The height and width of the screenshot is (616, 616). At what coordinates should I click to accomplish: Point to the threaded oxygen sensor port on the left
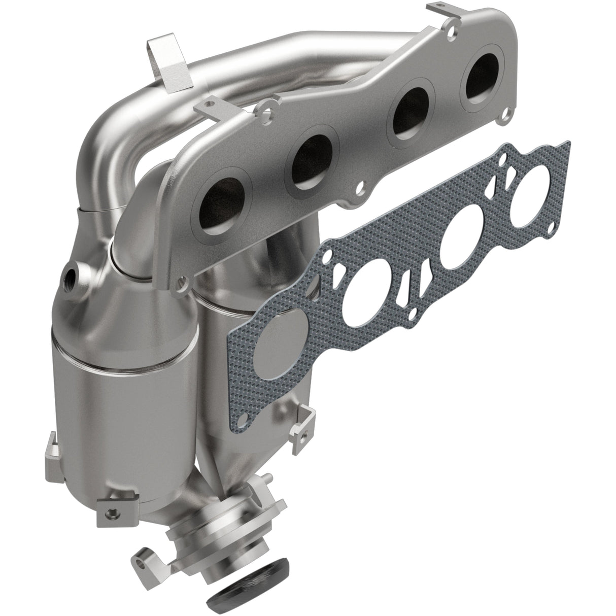tap(70, 277)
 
